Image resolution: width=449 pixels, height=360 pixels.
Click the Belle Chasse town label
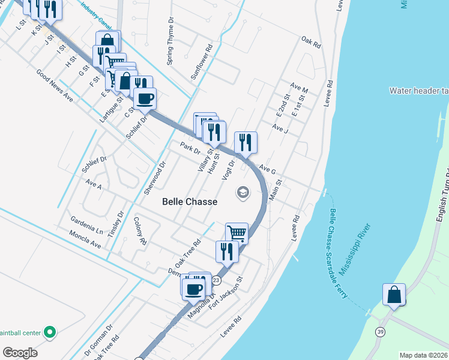[190, 202]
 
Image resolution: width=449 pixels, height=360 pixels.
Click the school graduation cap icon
[243, 193]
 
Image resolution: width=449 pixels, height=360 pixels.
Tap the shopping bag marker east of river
[394, 295]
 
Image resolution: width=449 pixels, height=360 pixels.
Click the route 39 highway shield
[380, 331]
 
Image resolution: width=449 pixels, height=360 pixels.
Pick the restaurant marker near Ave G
[246, 142]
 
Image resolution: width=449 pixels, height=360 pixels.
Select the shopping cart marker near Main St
[237, 233]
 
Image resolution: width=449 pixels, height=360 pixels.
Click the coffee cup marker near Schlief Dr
[145, 98]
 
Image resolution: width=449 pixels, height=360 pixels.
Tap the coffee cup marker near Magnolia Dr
[193, 289]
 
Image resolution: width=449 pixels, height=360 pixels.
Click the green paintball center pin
[50, 331]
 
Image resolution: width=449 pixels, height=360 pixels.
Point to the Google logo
[19, 352]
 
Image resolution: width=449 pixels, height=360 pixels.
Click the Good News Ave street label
[55, 86]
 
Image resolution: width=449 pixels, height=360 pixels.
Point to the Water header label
[418, 91]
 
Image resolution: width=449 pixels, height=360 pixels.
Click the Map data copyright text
[423, 355]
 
